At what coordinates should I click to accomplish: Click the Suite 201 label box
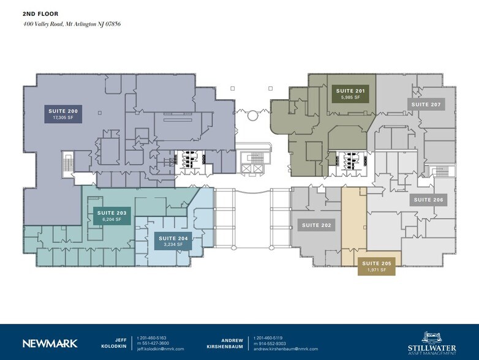click(x=350, y=94)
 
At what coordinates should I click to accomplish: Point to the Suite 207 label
click(x=426, y=105)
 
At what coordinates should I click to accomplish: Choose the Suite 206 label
click(x=428, y=200)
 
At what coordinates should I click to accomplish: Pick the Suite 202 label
click(x=317, y=225)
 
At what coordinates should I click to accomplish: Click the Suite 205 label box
click(x=376, y=266)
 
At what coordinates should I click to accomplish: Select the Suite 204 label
click(x=172, y=241)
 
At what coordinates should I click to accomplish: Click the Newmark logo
click(x=50, y=343)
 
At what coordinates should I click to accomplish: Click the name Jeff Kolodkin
click(x=121, y=343)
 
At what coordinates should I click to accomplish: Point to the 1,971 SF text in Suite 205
click(x=376, y=270)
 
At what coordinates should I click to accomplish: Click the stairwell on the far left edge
click(x=67, y=163)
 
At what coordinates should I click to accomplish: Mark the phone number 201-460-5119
click(x=272, y=337)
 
